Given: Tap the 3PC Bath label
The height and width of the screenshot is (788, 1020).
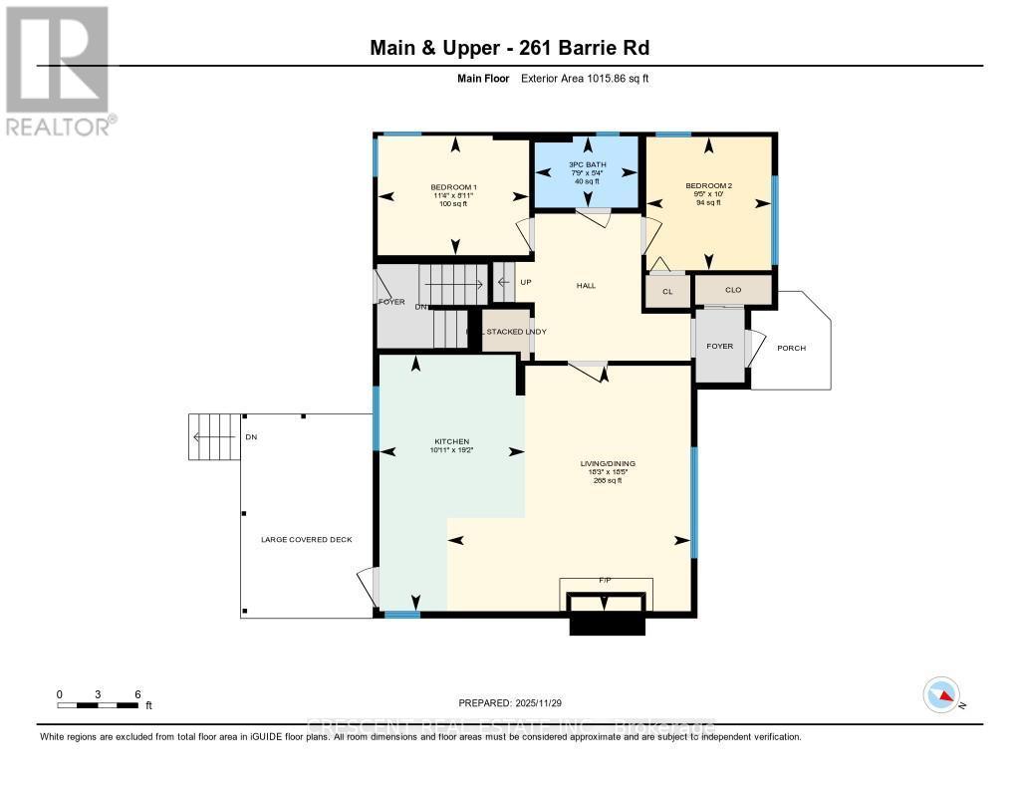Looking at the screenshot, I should click(586, 165).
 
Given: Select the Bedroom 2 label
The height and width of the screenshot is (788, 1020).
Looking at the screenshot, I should click(708, 186).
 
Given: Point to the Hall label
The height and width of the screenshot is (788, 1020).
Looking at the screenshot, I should click(586, 286).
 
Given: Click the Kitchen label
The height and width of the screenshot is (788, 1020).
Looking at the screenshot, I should click(450, 441).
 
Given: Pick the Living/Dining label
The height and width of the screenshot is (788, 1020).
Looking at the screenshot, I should click(608, 463).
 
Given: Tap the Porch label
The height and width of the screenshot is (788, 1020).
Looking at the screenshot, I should click(792, 348).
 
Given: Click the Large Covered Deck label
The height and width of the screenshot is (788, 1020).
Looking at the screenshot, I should click(306, 540).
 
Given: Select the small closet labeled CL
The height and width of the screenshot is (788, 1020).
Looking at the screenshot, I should click(667, 292).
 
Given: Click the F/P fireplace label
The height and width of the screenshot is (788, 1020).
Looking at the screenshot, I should click(604, 579).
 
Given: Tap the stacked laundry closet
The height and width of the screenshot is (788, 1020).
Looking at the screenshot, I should click(506, 331).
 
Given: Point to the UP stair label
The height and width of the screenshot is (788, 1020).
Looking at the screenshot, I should click(525, 283).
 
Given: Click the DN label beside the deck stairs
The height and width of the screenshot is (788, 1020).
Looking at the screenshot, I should click(251, 437).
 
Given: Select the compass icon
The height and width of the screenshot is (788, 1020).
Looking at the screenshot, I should click(940, 694).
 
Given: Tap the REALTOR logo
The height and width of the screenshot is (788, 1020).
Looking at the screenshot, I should click(58, 70).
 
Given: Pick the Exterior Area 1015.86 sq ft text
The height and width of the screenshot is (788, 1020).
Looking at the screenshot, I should click(585, 78).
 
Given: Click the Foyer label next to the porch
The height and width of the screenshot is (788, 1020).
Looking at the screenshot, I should click(719, 347).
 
